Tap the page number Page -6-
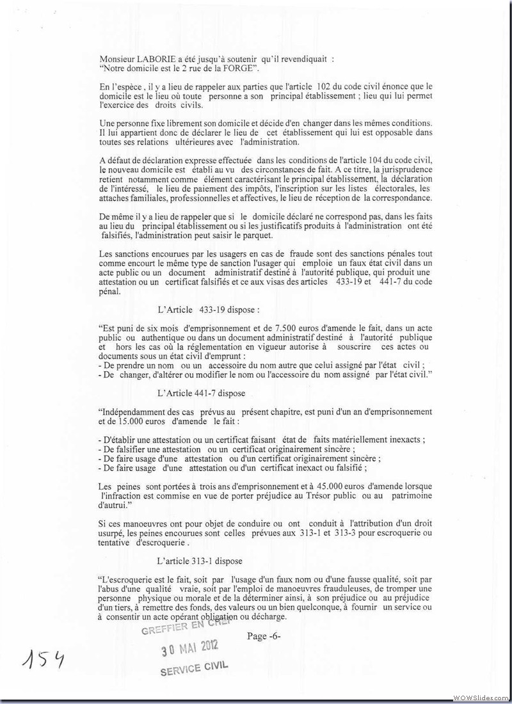coord(264,636)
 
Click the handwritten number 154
coord(45,658)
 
